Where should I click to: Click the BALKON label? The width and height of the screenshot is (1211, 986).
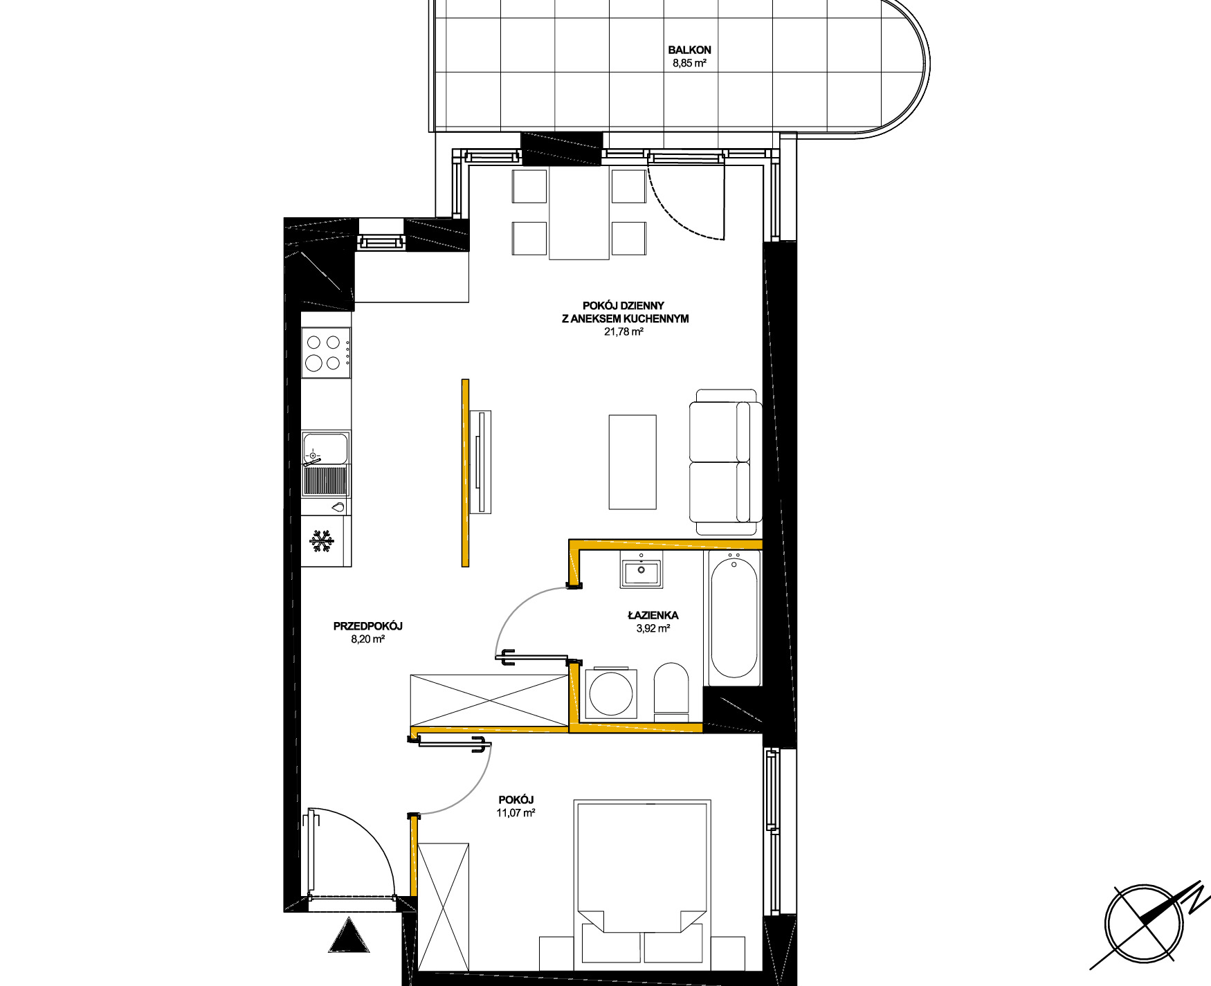[689, 50]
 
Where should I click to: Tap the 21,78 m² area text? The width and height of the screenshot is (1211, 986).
[624, 331]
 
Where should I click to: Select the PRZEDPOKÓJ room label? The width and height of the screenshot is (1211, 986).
[367, 626]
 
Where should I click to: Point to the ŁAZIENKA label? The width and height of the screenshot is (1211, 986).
[653, 615]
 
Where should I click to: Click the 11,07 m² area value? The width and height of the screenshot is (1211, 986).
[516, 813]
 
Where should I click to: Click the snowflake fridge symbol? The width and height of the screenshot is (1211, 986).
[321, 541]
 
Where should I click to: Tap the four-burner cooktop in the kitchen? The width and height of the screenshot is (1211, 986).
[326, 352]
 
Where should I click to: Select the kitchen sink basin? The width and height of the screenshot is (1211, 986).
[325, 448]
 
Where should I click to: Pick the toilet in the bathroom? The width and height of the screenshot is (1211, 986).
[671, 688]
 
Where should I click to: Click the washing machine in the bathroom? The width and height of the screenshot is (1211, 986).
[611, 693]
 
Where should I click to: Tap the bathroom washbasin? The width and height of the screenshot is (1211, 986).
[641, 571]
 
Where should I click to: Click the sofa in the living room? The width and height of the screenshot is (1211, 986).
[725, 462]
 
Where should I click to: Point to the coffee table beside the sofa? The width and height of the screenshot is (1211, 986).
[632, 462]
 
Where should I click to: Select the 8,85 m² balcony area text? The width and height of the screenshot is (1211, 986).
[689, 64]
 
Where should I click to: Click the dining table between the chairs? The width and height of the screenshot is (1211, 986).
[579, 214]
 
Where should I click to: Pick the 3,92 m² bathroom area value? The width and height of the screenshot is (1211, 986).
[653, 629]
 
